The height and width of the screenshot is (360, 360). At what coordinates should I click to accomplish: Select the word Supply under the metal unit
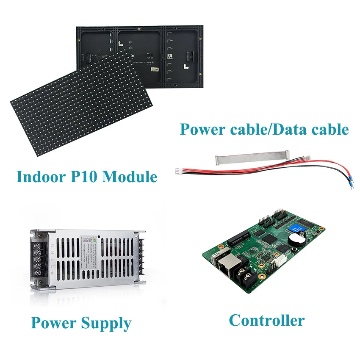[106, 324]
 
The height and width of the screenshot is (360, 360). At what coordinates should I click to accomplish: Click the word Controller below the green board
[266, 320]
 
